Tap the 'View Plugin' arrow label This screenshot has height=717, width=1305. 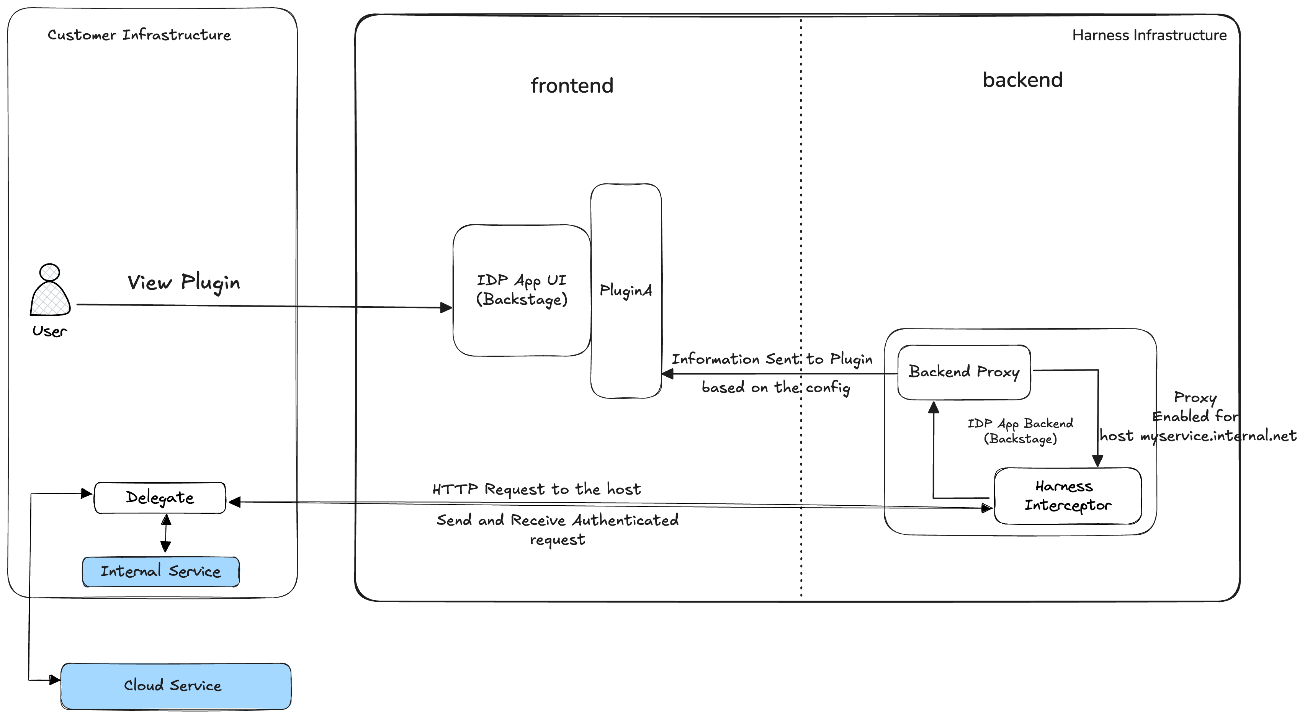[183, 283]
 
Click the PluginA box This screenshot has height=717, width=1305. [626, 291]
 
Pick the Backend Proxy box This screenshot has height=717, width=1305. [963, 372]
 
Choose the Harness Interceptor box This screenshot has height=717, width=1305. [1068, 496]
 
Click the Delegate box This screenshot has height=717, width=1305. [160, 498]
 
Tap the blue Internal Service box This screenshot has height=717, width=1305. [160, 572]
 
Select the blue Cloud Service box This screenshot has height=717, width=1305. [175, 686]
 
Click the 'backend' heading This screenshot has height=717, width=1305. [1022, 80]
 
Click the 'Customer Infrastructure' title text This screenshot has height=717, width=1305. [139, 35]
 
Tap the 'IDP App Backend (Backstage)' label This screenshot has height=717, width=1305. [1020, 430]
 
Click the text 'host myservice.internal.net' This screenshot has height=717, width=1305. [1198, 436]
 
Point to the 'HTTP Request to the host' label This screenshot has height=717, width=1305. [536, 489]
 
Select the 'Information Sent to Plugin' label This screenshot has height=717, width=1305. [772, 359]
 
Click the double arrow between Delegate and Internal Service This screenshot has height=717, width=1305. [166, 533]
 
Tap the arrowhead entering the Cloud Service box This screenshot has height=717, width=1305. [54, 680]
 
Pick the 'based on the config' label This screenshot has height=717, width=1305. [775, 387]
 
